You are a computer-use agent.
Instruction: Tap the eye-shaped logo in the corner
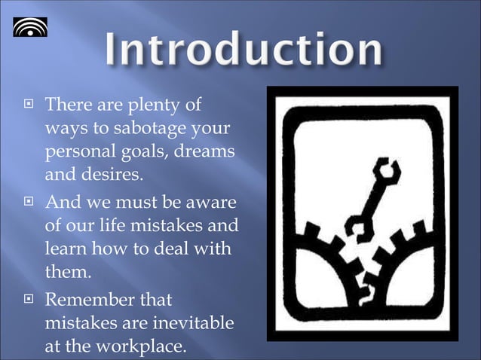(x=29, y=29)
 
